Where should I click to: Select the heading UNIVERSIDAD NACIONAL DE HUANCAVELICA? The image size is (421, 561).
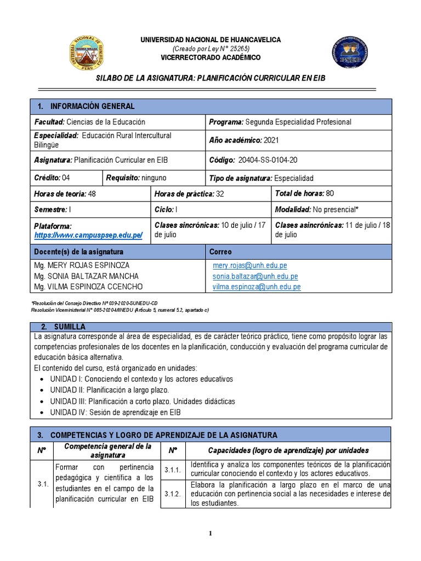(210, 40)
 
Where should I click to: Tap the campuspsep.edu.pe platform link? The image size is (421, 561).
(88, 235)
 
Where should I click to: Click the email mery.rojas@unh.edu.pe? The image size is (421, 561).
(249, 265)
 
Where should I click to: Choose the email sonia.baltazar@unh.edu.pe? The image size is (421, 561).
(255, 276)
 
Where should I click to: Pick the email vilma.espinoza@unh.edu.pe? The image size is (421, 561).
(256, 287)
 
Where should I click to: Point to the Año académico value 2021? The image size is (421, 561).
(271, 140)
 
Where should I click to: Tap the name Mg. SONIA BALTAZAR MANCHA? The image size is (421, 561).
(86, 276)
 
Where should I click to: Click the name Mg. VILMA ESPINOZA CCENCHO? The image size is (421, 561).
(88, 287)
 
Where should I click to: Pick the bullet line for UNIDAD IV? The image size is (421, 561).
(115, 412)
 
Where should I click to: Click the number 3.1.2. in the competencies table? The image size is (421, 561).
(173, 494)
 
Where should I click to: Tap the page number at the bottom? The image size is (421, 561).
(210, 535)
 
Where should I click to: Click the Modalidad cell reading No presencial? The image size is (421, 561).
(332, 210)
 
